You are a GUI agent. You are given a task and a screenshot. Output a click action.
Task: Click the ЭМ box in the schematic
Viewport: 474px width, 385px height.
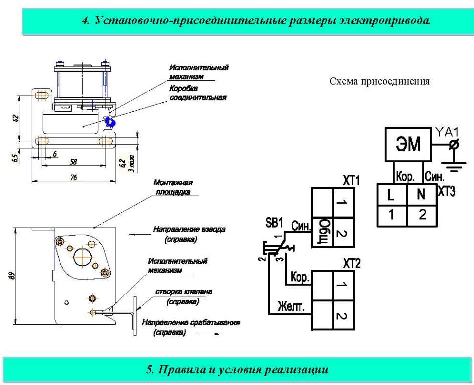point(408,144)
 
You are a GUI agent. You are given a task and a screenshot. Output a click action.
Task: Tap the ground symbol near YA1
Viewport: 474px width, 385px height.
point(454,166)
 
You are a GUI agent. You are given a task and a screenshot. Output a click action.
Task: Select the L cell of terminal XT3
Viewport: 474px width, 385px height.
point(392,195)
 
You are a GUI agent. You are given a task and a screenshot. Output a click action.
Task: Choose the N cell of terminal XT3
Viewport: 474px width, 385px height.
point(422,195)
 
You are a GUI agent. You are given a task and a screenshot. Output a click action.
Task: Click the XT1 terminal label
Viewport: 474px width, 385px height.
point(351,181)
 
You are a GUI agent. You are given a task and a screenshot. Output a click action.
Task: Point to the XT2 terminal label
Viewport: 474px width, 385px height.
point(352,263)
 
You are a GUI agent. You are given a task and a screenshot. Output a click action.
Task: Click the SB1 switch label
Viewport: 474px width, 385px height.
point(274,223)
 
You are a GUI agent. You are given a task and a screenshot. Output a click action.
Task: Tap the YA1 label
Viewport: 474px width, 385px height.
point(447,132)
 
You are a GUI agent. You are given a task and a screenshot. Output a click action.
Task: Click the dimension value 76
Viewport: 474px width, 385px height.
point(74,177)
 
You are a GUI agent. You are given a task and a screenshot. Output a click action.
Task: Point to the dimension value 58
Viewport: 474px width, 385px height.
point(73,162)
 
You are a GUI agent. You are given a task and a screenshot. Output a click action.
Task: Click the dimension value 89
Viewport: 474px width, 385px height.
point(11,276)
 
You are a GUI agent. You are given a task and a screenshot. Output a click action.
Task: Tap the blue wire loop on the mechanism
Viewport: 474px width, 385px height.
point(109,122)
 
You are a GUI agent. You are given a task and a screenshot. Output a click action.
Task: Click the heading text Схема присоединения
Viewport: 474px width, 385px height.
point(379,81)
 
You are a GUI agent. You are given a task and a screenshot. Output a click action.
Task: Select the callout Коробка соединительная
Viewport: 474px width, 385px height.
point(198,93)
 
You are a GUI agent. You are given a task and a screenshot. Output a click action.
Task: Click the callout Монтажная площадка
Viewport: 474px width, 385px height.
point(173,187)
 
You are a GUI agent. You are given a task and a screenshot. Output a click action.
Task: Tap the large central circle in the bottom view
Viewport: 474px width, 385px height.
point(83,257)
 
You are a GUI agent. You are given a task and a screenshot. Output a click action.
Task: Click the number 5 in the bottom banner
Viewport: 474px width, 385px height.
point(150,370)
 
